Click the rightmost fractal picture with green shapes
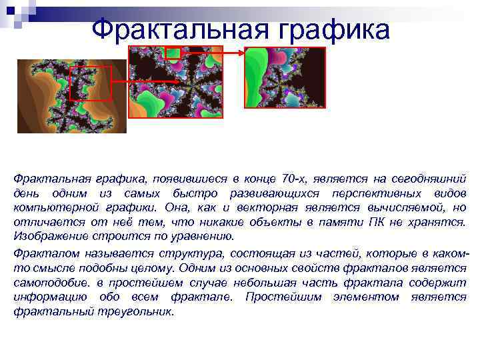pos(285,77)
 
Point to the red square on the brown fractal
pos(91,83)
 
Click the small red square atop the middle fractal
pos(173,53)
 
